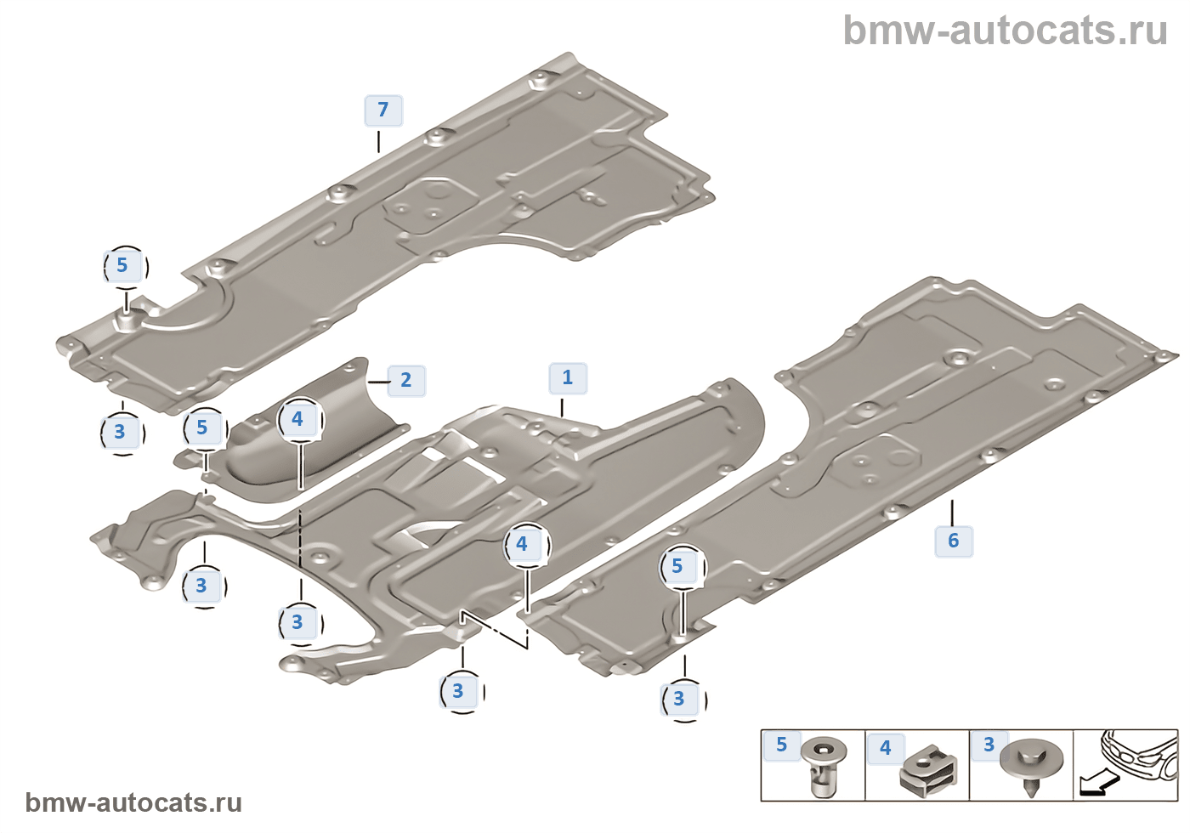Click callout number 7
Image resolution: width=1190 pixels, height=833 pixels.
383,110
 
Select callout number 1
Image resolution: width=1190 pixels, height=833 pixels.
568,377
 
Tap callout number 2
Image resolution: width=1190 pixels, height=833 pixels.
406,380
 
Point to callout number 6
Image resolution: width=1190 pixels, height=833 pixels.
954,541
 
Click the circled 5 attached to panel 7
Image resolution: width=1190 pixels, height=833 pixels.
122,266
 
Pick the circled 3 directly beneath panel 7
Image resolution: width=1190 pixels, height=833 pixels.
120,432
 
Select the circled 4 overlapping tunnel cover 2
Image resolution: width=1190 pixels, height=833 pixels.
297,419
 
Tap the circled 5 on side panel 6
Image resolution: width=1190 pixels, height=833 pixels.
677,567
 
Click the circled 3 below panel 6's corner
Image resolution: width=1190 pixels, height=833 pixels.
679,699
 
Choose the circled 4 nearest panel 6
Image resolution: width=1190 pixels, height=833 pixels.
522,544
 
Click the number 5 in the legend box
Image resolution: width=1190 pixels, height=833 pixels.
782,745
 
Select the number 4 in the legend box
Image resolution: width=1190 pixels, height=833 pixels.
886,748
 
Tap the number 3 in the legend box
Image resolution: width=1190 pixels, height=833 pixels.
989,745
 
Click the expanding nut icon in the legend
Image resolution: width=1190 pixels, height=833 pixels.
822,766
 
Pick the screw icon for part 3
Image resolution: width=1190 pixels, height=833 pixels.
1030,764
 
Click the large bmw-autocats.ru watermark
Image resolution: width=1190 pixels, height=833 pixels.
1005,31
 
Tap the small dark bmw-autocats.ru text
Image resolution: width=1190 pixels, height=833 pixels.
133,802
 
